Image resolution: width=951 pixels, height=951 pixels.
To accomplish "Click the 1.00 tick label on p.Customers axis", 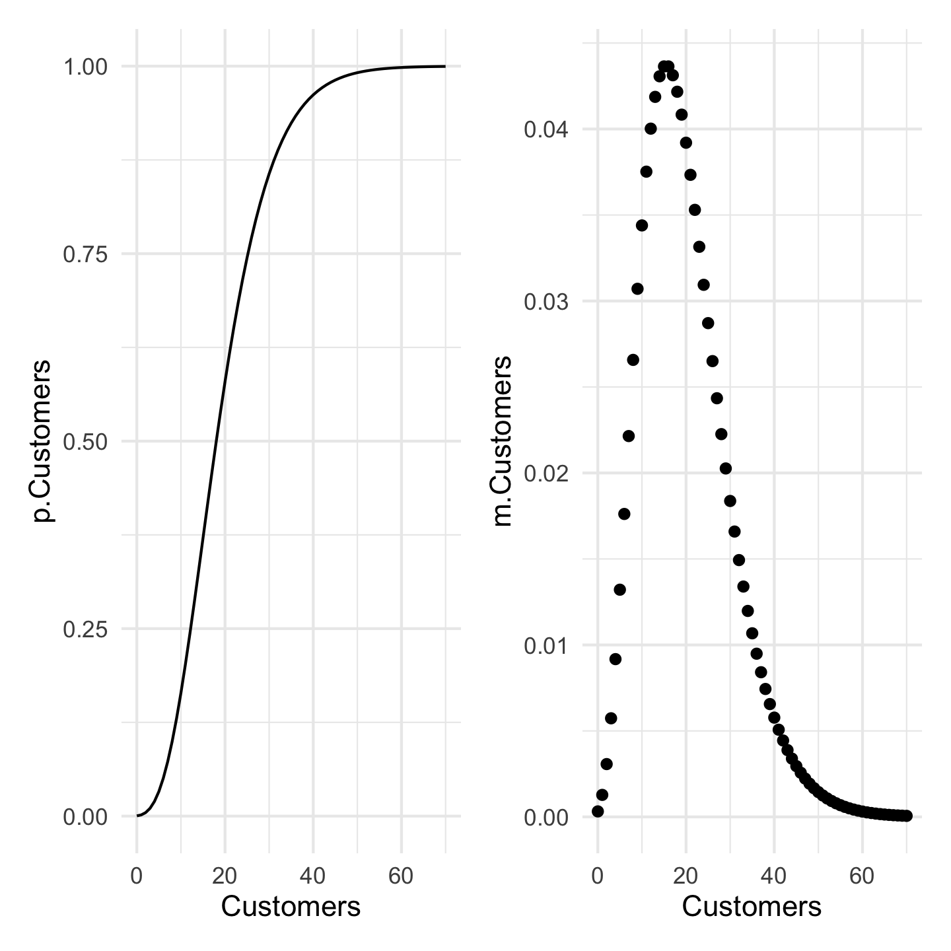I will pos(85,67).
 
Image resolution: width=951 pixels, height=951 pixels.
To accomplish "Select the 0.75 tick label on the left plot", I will pos(85,254).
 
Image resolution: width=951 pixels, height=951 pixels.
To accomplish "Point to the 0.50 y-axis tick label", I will pos(85,442).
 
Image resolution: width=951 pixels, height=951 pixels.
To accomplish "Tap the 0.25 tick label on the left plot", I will pos(85,629).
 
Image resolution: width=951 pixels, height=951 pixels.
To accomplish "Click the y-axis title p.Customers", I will pos(43,441).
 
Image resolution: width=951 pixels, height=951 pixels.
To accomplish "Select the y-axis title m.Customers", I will pos(503,441).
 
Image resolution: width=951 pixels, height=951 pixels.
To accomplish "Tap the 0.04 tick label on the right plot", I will pos(546,129).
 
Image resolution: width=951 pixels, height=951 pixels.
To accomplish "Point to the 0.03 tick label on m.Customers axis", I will pos(546,302).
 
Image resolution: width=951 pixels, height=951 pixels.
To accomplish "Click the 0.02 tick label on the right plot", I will pos(546,474).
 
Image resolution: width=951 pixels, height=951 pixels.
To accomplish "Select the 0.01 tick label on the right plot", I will pos(546,645).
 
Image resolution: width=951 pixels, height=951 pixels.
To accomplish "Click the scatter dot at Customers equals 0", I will pos(598,811).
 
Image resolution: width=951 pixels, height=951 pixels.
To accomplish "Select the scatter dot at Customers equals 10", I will pos(642,225).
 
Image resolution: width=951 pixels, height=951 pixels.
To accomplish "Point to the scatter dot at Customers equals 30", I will pos(730,501).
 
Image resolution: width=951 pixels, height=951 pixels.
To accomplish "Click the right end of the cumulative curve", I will pos(444,66).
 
